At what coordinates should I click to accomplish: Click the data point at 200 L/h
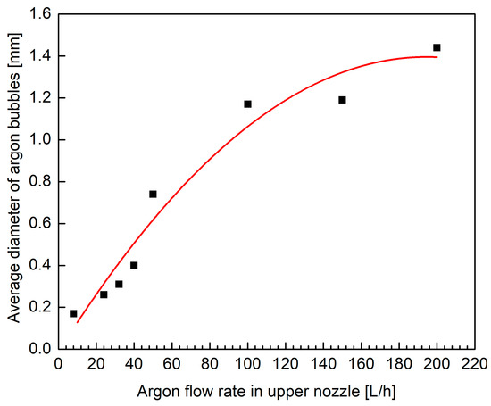click(437, 47)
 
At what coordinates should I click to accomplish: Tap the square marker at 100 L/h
click(247, 104)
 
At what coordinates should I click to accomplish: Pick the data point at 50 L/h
click(153, 194)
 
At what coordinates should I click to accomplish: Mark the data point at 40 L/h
click(134, 265)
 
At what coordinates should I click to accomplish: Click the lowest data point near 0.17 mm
click(73, 313)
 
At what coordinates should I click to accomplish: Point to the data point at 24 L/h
click(104, 294)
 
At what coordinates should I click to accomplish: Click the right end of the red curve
click(437, 57)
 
